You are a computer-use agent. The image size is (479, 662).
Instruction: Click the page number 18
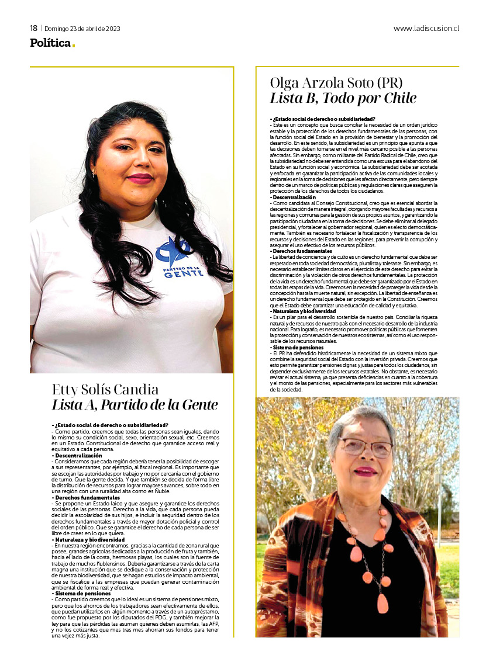[x=34, y=28]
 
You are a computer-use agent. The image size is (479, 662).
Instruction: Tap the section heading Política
[x=50, y=43]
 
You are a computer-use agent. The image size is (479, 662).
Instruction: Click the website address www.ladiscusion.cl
[x=426, y=28]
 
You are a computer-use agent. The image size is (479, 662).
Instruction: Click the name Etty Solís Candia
[x=105, y=390]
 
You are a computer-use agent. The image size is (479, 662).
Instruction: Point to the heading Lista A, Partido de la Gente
[x=135, y=405]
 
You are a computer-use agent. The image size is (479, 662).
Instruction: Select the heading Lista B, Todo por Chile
[x=343, y=98]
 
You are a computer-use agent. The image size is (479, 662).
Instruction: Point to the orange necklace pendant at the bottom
[x=382, y=602]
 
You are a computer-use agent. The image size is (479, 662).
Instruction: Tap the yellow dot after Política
[x=74, y=46]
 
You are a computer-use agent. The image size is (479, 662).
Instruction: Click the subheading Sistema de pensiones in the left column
[x=80, y=592]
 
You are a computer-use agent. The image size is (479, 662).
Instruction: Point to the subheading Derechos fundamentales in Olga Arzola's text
[x=298, y=251]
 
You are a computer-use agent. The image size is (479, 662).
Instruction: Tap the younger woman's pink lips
[x=140, y=178]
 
